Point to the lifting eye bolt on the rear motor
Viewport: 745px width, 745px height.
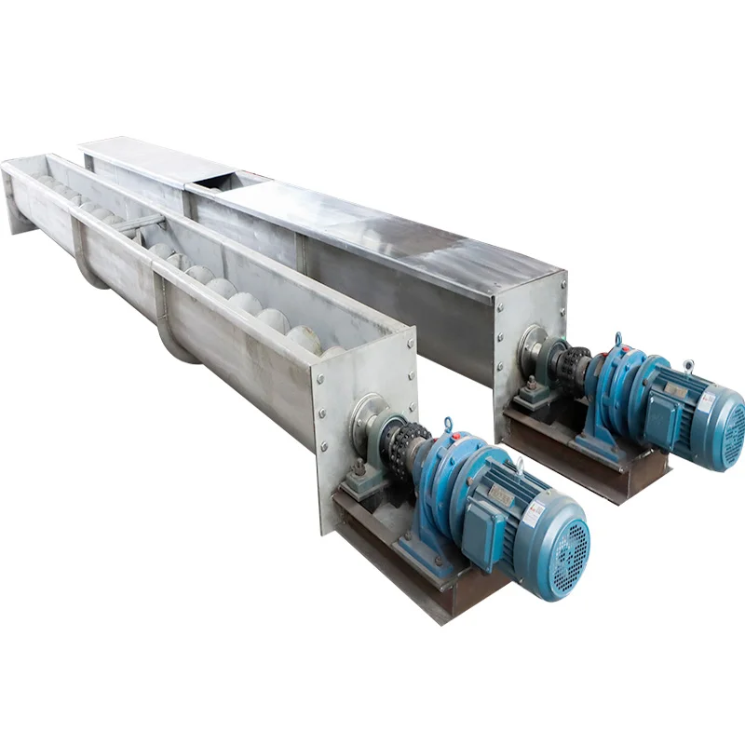tap(688, 366)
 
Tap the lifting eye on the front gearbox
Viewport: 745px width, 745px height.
tap(447, 426)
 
